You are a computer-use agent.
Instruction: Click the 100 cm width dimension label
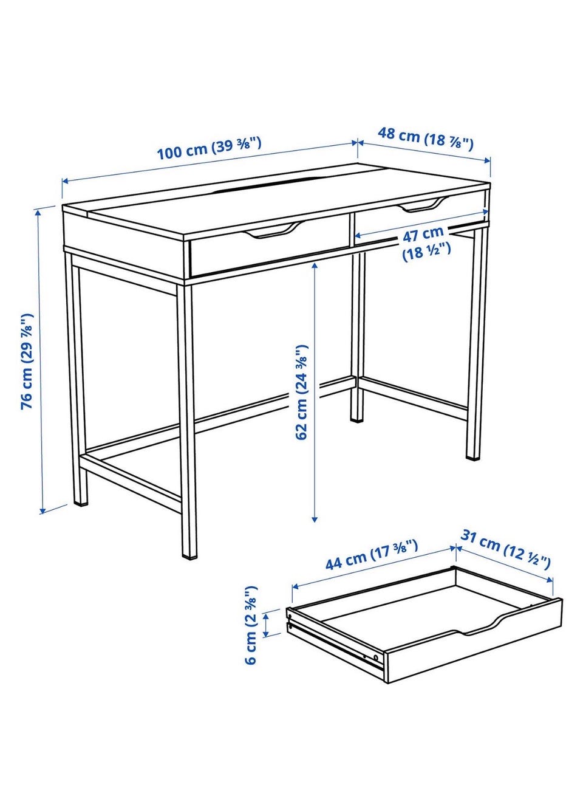pos(209,148)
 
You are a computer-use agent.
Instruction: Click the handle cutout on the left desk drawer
pos(274,230)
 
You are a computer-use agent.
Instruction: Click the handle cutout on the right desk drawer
pos(423,205)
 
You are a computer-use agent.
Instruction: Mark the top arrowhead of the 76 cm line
pos(38,213)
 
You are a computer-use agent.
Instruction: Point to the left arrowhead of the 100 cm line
pos(66,182)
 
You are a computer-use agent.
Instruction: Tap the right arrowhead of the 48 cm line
pos(487,160)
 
